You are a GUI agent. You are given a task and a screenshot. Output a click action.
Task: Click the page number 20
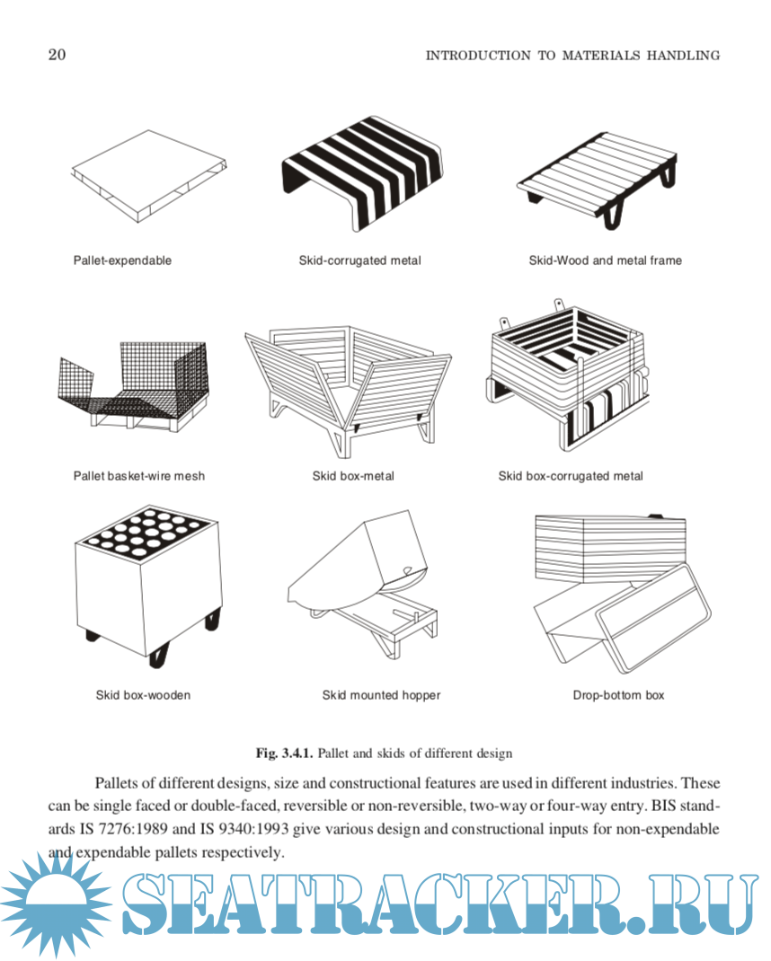(56, 55)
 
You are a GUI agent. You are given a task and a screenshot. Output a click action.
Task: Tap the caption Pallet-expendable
(122, 260)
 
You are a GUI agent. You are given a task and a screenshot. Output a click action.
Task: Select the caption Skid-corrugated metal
(360, 260)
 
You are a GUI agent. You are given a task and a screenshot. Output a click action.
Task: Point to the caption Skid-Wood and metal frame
(605, 260)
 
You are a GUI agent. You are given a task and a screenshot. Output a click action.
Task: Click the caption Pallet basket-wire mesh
(138, 476)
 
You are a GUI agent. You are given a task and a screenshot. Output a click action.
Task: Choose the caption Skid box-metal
(353, 476)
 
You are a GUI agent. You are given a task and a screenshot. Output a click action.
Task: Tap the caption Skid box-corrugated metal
(571, 476)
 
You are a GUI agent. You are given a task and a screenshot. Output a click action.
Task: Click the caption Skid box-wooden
(143, 695)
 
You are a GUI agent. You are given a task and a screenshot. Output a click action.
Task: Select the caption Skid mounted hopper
(381, 695)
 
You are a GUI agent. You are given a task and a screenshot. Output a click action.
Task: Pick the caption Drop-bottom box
(618, 695)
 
